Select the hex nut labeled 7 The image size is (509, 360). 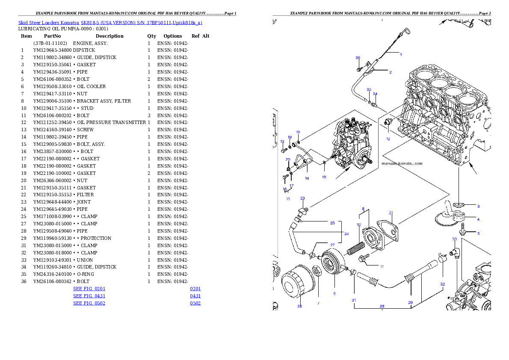tap(317, 284)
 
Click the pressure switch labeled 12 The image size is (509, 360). tap(388, 122)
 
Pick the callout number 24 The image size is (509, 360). tap(346, 234)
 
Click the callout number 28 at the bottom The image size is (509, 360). tap(382, 306)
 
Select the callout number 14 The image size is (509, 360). tap(307, 178)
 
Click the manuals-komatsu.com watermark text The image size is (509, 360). tap(402, 163)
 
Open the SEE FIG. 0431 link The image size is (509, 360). tap(89, 296)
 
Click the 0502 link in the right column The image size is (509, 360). tap(195, 303)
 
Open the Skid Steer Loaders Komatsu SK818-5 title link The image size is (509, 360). tap(110, 23)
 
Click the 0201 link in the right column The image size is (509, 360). tap(195, 289)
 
